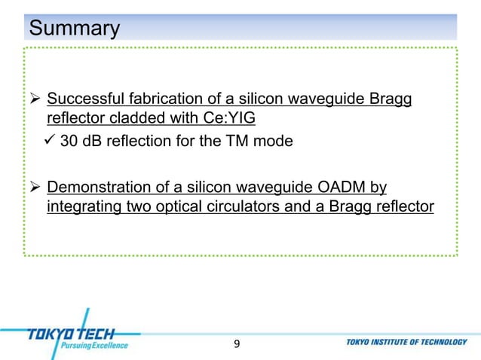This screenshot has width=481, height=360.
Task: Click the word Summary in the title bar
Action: (x=74, y=29)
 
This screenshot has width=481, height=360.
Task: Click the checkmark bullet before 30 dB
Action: (x=51, y=140)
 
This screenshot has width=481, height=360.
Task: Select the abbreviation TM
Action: (x=240, y=141)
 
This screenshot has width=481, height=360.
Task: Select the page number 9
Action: (x=237, y=344)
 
